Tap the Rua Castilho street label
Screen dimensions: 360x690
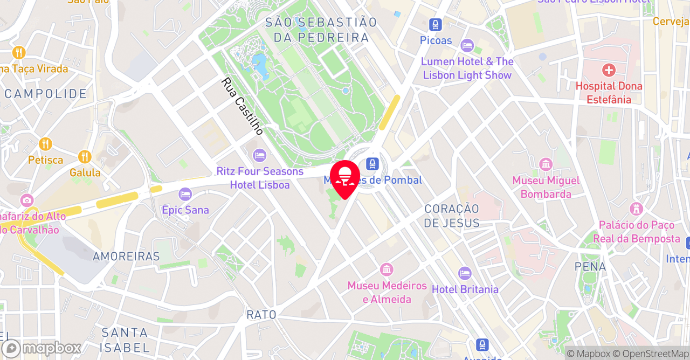[x=243, y=106]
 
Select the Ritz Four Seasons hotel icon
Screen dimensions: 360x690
[x=260, y=155]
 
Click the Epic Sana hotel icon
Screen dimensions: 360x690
[x=185, y=194]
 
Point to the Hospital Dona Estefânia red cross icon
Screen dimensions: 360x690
[x=609, y=70]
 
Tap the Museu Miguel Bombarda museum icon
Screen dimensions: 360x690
[x=546, y=164]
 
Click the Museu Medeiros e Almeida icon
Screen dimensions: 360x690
[x=387, y=269]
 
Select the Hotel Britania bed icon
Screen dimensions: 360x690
[x=465, y=274]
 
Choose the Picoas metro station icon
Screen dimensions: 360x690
[x=436, y=25]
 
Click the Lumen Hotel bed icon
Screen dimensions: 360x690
[x=467, y=46]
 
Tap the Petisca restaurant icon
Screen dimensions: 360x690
[x=46, y=144]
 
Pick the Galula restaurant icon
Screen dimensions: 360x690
[x=85, y=157]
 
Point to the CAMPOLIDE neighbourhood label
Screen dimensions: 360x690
[x=46, y=94]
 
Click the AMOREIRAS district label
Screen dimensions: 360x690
[x=126, y=257]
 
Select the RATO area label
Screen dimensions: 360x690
[x=261, y=315]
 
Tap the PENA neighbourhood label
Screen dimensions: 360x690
[x=590, y=266]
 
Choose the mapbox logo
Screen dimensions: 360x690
[x=42, y=348]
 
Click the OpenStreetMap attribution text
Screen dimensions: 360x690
[x=655, y=354]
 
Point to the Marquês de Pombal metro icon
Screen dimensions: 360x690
[x=372, y=164]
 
